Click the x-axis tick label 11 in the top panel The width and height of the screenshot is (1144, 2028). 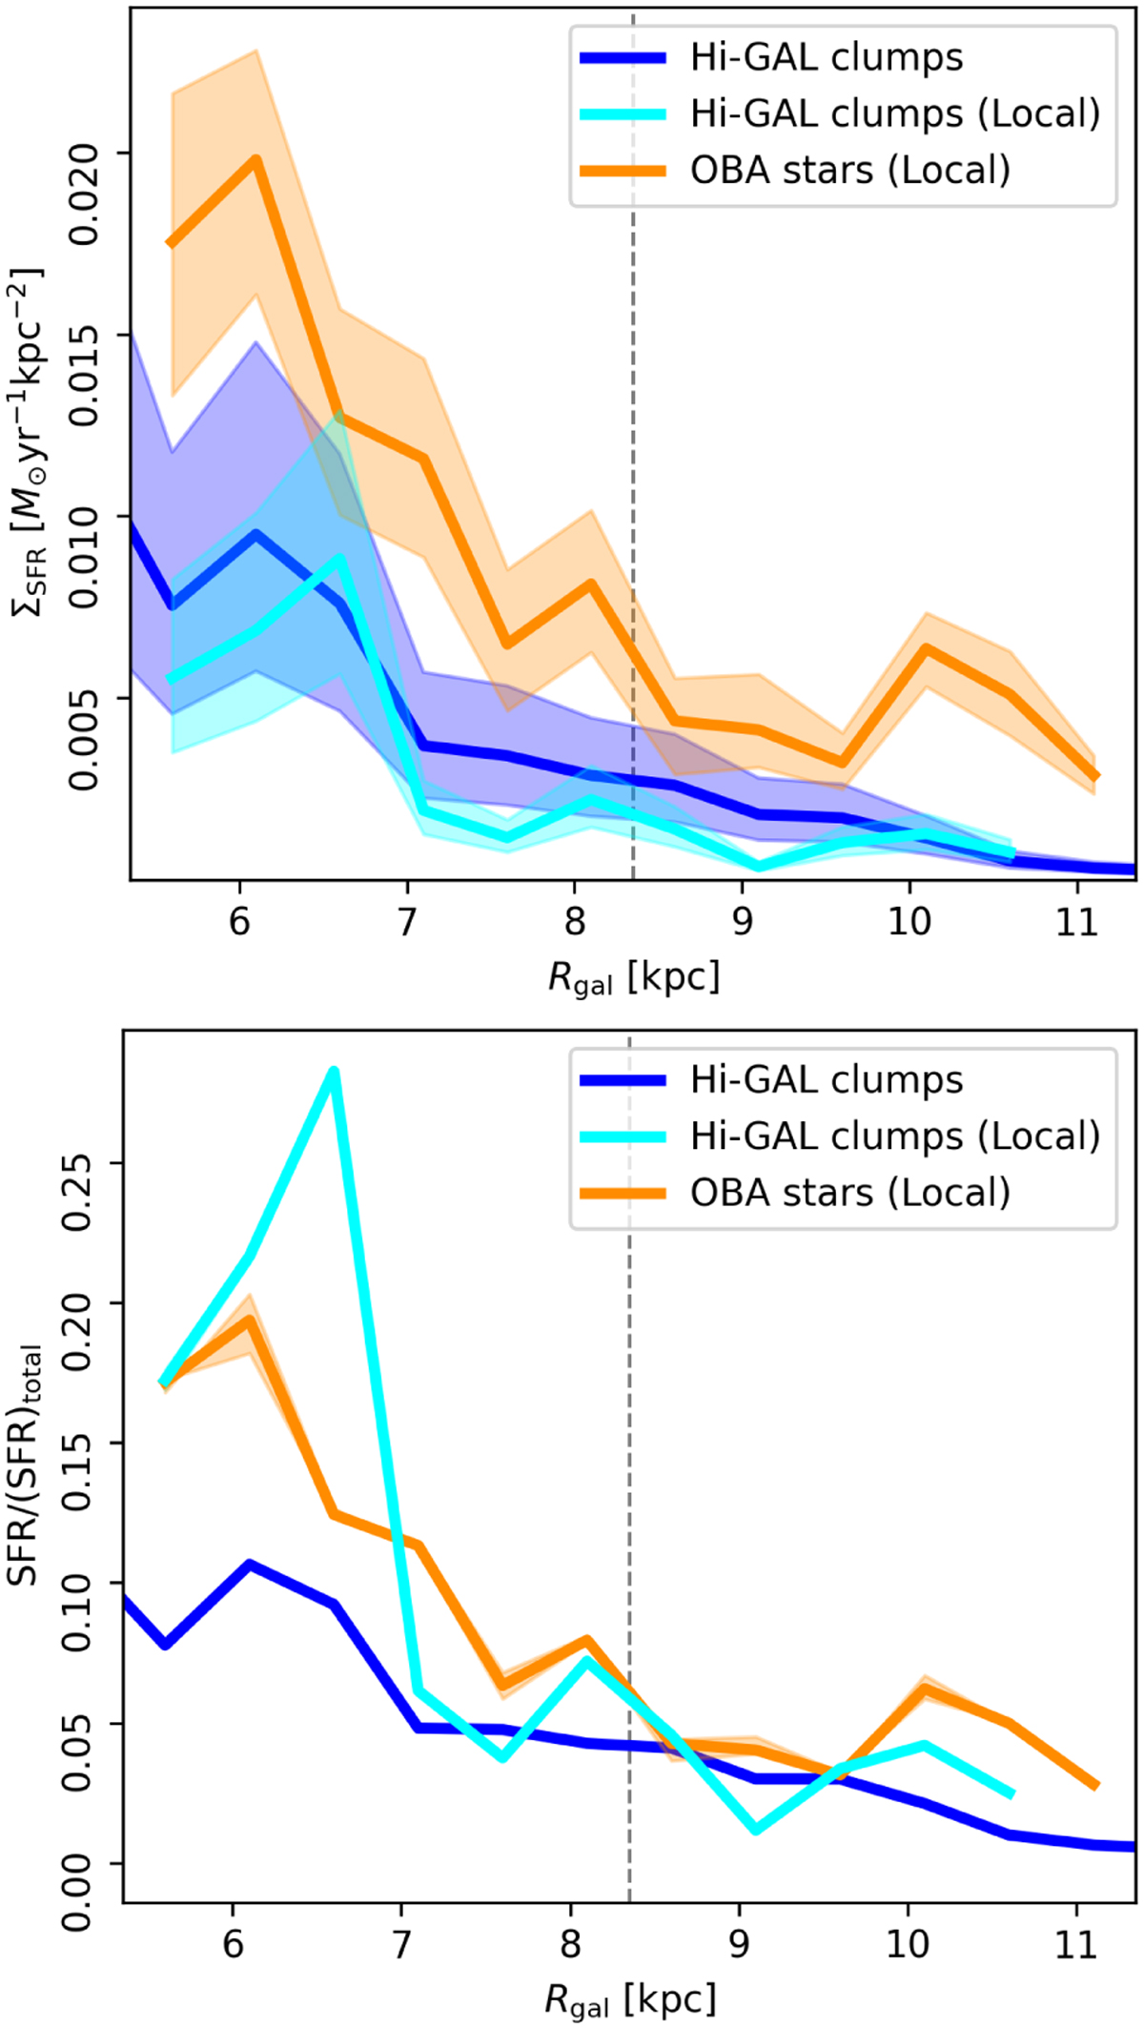1076,922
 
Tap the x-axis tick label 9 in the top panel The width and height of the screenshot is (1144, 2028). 742,922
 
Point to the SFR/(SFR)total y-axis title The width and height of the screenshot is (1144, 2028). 27,1465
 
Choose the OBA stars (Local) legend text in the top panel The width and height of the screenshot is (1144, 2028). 849,171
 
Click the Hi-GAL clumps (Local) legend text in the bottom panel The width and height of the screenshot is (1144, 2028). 894,1137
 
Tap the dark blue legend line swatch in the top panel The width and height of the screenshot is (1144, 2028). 623,58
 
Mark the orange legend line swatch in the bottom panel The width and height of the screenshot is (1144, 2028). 623,1193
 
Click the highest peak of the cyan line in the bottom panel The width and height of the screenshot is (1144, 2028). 334,1072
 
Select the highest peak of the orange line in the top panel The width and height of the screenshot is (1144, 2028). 255,158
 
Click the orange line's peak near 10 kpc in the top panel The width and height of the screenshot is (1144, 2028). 925,648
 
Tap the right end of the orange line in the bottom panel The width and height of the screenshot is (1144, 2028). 1095,1785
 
